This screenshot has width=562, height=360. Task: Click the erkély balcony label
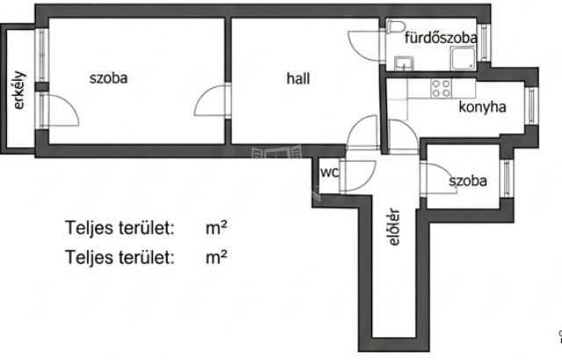click(x=19, y=90)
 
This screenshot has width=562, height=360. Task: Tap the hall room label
click(x=299, y=78)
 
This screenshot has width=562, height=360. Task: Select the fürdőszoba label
click(x=441, y=38)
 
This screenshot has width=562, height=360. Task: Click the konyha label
click(x=482, y=107)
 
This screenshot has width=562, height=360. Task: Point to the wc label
click(x=329, y=172)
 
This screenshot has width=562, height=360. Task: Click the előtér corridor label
click(x=394, y=227)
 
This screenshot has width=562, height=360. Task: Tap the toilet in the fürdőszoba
click(x=396, y=26)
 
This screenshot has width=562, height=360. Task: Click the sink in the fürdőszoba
click(x=404, y=63)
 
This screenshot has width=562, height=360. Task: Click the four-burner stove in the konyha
click(x=441, y=89)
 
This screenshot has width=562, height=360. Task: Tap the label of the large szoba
click(x=108, y=78)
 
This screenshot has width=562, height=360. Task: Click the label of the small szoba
click(x=468, y=181)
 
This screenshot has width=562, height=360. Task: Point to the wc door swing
click(x=358, y=176)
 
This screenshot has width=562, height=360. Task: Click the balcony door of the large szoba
click(x=59, y=111)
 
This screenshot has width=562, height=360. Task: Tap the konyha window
click(x=531, y=105)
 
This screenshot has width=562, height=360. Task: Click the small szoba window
click(x=507, y=178)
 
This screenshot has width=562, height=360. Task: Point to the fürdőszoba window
click(x=485, y=42)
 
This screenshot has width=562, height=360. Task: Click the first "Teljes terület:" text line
click(x=119, y=227)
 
